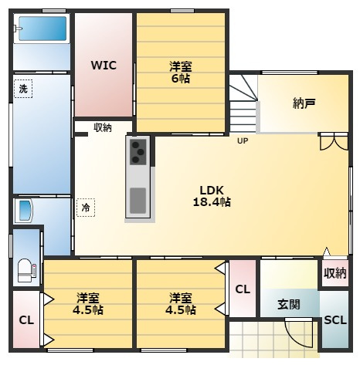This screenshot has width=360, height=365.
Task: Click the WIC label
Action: [x=104, y=66]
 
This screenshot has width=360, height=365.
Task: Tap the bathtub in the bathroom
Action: [x=42, y=29]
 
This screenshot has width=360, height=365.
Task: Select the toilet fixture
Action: [x=25, y=270]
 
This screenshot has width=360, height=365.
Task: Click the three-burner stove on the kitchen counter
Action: [x=138, y=152]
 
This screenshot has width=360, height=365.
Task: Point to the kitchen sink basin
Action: [x=138, y=201]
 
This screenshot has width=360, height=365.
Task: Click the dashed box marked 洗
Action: [x=23, y=89]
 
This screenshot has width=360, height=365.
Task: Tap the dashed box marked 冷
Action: [x=86, y=208]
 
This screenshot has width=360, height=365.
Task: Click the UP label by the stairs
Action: [x=243, y=140]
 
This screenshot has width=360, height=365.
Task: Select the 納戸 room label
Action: [x=304, y=103]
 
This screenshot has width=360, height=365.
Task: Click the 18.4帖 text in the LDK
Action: [x=212, y=202]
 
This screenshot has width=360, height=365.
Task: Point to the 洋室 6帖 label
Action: [x=181, y=73]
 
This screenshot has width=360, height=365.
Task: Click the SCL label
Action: [x=335, y=320]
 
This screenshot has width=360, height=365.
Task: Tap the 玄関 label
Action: [x=289, y=305]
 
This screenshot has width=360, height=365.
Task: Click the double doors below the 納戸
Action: [x=334, y=142]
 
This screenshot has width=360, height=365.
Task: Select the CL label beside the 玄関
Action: [x=243, y=289]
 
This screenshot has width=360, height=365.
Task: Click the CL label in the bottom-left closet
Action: [x=26, y=320]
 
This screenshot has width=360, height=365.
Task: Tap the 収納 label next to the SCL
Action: [x=335, y=273]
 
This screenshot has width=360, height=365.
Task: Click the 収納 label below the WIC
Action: [x=103, y=127]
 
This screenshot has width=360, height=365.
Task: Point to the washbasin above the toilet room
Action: [x=24, y=211]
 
